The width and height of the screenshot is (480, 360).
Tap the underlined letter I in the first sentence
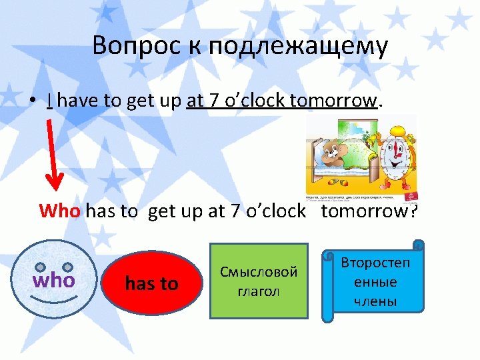coord(50,101)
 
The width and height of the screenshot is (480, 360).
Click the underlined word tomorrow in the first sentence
coord(333,101)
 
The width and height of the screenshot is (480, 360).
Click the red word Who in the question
coord(59,211)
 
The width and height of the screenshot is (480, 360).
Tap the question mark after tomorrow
coord(413,211)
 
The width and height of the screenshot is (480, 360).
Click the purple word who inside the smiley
coord(54,280)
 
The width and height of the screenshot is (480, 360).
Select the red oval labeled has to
coord(151,283)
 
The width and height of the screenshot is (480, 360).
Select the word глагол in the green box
coord(259,291)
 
